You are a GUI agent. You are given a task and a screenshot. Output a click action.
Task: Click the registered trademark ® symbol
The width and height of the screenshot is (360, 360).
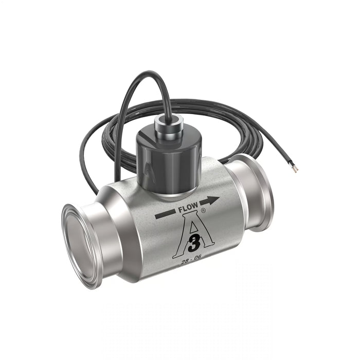pyautogui.click(x=203, y=211)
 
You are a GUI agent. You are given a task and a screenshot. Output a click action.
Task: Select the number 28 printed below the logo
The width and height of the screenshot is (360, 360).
pyautogui.click(x=186, y=263)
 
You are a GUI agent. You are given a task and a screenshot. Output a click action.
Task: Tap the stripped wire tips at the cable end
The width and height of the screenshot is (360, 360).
pyautogui.click(x=296, y=169)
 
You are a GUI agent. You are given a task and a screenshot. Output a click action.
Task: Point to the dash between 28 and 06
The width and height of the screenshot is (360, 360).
pyautogui.click(x=193, y=261)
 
